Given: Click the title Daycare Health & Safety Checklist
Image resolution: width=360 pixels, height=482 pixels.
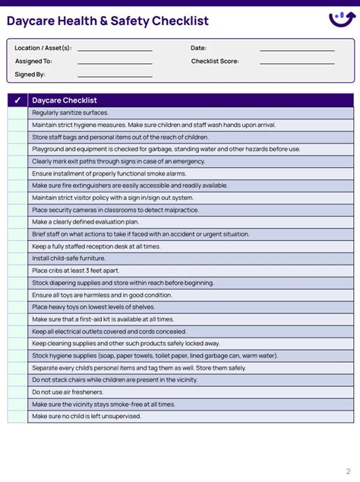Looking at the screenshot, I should tap(108, 21).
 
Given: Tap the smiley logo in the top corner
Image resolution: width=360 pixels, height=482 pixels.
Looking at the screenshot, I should tap(341, 19).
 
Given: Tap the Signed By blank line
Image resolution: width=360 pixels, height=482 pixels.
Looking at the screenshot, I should tap(115, 75).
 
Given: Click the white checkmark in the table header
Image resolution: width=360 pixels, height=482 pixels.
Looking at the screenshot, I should tap(17, 100).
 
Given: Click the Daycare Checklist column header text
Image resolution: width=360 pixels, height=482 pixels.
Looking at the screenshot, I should tap(65, 100).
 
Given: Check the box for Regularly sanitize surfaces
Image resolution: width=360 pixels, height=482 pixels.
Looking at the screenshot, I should tap(17, 113).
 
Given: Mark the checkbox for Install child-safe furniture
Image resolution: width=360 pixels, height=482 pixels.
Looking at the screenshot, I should tap(17, 258).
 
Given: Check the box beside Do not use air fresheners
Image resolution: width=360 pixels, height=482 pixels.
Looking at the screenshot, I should tap(17, 392).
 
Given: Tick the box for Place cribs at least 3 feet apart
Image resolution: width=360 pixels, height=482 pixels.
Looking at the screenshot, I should tap(17, 271).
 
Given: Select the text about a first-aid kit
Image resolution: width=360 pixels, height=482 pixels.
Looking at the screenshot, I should tap(103, 319).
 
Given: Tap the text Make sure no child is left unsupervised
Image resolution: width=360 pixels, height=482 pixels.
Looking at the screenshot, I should tap(87, 417).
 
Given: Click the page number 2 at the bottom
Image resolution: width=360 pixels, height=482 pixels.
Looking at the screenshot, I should tap(348, 471).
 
